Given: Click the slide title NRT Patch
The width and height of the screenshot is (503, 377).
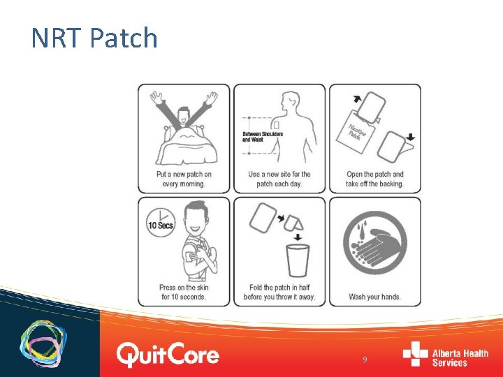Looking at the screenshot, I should click(94, 38).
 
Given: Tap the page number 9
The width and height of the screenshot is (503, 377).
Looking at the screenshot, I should click(365, 360).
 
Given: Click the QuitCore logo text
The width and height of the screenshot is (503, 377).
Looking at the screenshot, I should click(168, 355).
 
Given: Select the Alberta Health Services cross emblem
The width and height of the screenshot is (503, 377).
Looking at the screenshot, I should click(415, 353).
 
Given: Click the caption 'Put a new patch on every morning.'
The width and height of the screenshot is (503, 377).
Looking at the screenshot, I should click(184, 179).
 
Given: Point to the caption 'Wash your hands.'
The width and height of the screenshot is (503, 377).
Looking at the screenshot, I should click(374, 297).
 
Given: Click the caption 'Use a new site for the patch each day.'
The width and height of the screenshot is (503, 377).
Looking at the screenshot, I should click(279, 179).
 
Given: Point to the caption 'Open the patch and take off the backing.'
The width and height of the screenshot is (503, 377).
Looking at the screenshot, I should click(375, 179).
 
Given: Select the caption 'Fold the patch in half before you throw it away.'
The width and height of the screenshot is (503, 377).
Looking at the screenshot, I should click(279, 292).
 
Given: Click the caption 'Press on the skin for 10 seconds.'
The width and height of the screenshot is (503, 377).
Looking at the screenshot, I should click(184, 292).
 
